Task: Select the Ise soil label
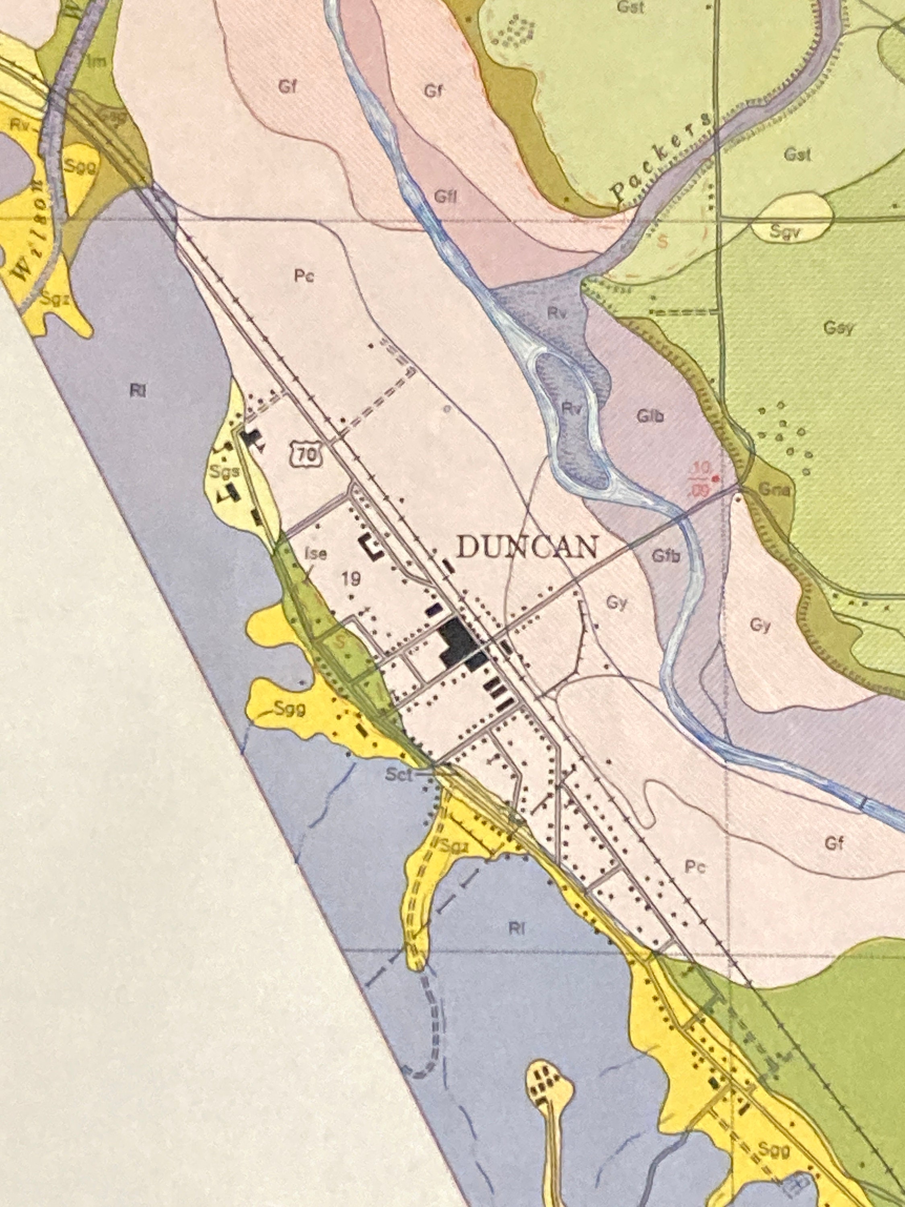tap(316, 554)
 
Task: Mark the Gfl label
tap(446, 196)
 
